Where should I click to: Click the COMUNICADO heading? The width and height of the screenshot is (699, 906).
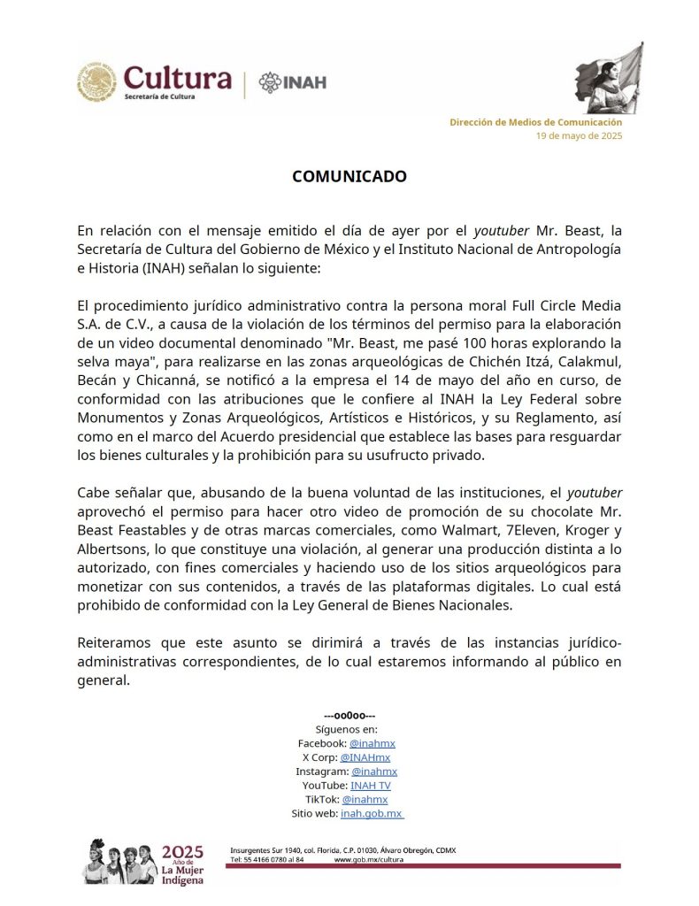coord(349,176)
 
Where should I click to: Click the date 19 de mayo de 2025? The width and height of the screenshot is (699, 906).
coord(579,136)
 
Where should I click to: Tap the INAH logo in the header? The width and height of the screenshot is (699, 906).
coord(293,82)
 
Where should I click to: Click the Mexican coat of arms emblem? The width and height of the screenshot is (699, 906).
coord(96,82)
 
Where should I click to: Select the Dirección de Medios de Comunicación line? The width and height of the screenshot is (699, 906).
coord(535,122)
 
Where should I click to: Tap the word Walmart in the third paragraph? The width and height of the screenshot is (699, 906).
coord(476,531)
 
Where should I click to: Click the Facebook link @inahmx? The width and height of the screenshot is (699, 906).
coord(373,743)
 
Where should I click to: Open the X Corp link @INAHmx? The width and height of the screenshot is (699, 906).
coord(365,757)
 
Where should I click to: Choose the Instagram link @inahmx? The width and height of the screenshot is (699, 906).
coord(374,772)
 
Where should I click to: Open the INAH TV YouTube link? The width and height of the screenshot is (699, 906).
coord(371,785)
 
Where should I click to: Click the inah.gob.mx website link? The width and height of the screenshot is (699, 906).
coord(372,813)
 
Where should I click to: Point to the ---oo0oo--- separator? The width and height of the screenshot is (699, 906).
coord(349,715)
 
